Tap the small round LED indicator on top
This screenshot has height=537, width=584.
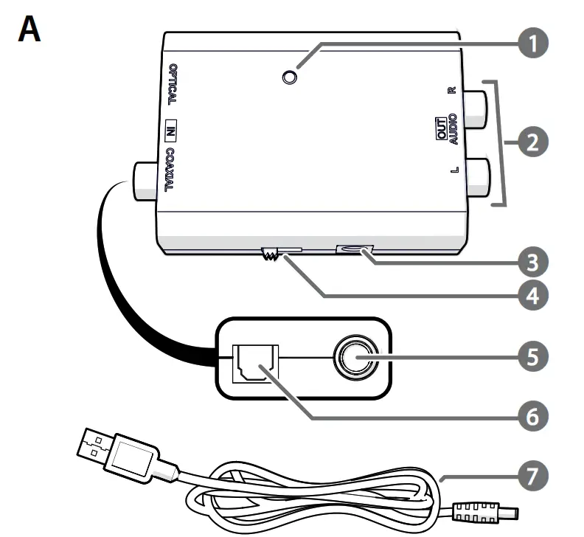(291, 77)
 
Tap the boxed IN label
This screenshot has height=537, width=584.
(170, 131)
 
